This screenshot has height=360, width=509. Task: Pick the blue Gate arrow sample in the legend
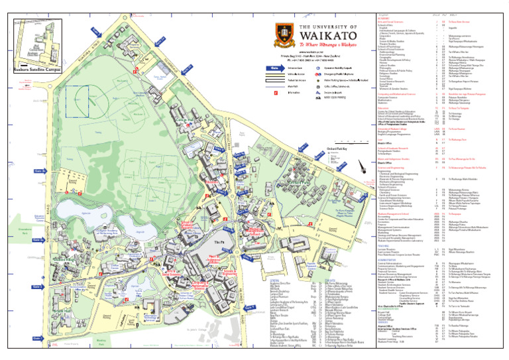(x=274, y=68)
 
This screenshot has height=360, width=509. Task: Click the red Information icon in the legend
(x=274, y=93)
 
